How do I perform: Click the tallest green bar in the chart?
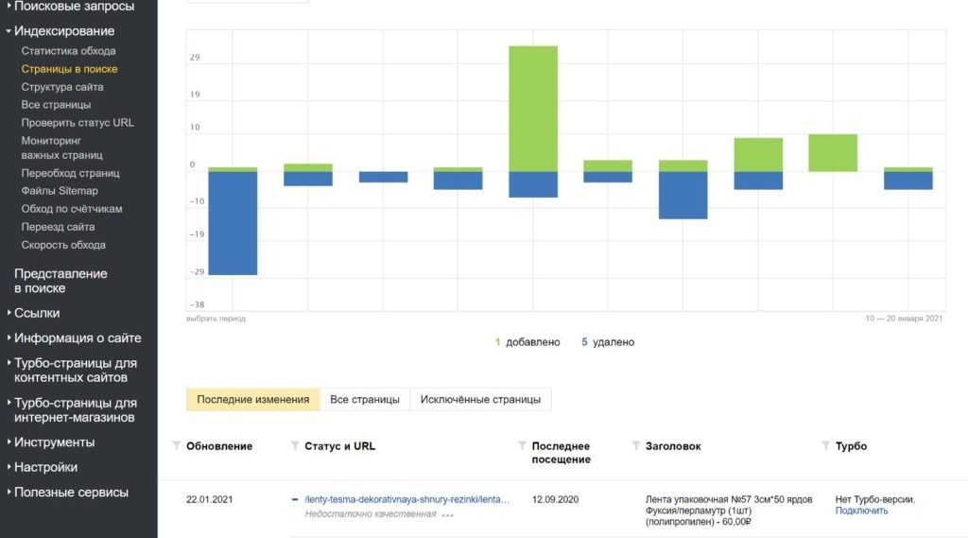(x=533, y=108)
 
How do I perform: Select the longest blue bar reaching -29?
(x=233, y=222)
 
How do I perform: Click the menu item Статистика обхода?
(x=68, y=51)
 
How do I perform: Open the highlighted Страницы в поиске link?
(x=69, y=69)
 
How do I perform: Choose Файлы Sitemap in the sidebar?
(x=60, y=191)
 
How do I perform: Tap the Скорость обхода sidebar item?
(x=63, y=245)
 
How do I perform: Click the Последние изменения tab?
(x=252, y=399)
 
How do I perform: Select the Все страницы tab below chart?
(x=365, y=399)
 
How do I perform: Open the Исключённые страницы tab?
(x=481, y=399)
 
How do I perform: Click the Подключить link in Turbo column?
(x=861, y=511)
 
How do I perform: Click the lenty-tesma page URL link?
(x=407, y=499)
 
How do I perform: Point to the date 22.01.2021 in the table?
(x=209, y=499)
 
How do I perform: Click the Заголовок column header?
(x=672, y=446)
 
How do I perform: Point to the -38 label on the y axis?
(x=197, y=304)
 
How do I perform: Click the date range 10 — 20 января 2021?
(x=904, y=319)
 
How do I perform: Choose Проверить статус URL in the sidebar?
(x=78, y=123)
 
